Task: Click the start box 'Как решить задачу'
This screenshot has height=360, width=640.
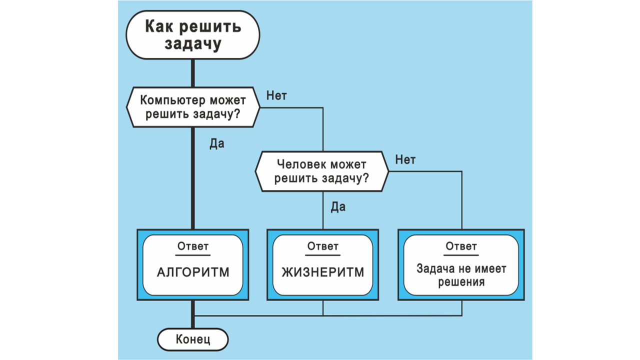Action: click(193, 35)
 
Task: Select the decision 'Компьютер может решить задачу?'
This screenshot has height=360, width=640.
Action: click(193, 106)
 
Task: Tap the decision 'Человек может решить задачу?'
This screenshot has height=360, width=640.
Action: click(322, 171)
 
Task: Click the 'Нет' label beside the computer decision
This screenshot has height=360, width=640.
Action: click(276, 95)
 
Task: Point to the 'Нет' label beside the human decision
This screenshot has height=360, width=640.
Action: click(405, 160)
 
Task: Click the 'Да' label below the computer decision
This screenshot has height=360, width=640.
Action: click(216, 144)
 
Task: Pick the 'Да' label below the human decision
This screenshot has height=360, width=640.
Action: click(338, 207)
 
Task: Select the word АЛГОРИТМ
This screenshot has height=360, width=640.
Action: click(193, 272)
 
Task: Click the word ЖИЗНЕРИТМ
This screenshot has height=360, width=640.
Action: click(322, 272)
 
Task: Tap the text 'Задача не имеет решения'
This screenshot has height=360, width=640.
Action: click(461, 275)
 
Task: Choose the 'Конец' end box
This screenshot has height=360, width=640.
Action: click(193, 340)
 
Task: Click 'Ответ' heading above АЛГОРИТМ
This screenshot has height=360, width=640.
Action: click(193, 246)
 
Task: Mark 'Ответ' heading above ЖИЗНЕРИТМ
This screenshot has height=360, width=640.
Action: click(322, 246)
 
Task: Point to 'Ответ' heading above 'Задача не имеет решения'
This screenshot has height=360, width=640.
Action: click(461, 246)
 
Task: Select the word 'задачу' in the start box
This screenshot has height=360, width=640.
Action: click(193, 43)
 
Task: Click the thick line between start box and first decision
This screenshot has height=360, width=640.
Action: click(193, 73)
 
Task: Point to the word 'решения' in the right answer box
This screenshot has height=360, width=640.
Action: click(461, 281)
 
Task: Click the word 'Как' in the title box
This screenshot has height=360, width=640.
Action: click(158, 26)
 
